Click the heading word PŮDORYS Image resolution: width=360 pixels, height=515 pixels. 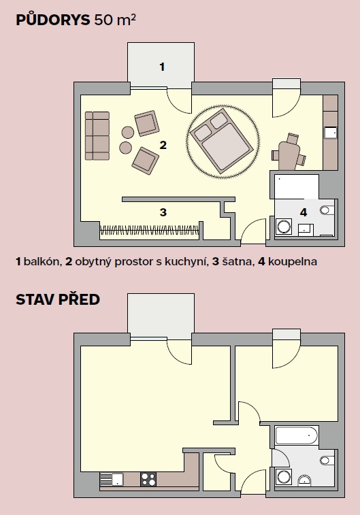pyautogui.click(x=53, y=20)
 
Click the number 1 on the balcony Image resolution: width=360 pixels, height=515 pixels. pyautogui.click(x=162, y=67)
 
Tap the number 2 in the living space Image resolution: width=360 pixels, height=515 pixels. pyautogui.click(x=163, y=145)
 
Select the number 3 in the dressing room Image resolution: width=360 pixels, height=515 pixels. pyautogui.click(x=163, y=212)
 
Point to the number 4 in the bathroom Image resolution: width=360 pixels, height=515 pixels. pyautogui.click(x=304, y=212)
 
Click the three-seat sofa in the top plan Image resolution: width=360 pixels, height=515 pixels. pyautogui.click(x=97, y=135)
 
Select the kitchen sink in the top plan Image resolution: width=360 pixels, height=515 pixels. pyautogui.click(x=331, y=132)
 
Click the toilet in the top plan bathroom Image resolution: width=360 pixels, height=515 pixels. pyautogui.click(x=327, y=210)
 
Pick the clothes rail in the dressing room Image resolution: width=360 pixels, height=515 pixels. pyautogui.click(x=150, y=229)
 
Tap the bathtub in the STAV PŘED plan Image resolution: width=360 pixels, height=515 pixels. pyautogui.click(x=297, y=435)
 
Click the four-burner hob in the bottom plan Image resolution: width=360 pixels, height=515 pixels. pyautogui.click(x=148, y=479)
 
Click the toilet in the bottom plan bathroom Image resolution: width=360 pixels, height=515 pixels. pyautogui.click(x=327, y=461)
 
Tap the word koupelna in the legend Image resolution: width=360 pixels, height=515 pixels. pyautogui.click(x=292, y=262)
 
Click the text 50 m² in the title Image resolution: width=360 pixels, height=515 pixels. pyautogui.click(x=115, y=20)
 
